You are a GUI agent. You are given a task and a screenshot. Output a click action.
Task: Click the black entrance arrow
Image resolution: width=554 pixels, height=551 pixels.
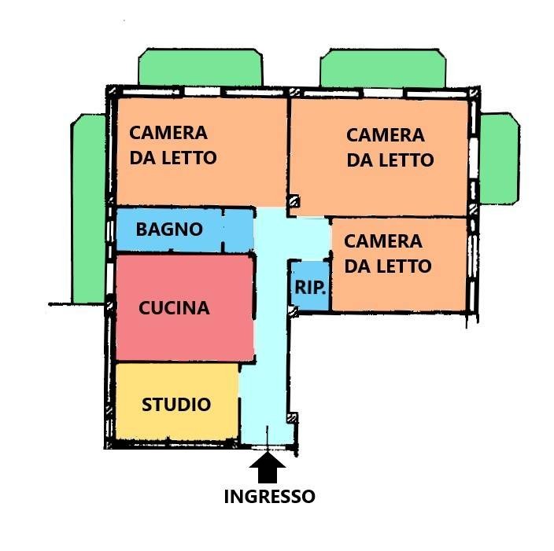[x=268, y=468]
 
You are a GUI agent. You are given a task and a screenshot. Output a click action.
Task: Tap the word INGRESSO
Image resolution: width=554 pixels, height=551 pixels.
[x=269, y=496]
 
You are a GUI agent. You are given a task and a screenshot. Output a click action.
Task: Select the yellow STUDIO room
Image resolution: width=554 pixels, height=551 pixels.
[x=177, y=402]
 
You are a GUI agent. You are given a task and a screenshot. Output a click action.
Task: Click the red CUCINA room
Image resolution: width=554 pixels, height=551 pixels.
[x=185, y=308]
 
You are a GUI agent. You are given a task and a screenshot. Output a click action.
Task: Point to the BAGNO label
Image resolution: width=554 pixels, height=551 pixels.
[x=169, y=229]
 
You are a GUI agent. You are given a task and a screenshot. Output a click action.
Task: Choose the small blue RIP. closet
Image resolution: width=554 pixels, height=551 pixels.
[x=310, y=286]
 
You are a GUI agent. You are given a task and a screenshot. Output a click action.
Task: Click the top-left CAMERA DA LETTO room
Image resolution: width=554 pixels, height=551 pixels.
[x=201, y=152]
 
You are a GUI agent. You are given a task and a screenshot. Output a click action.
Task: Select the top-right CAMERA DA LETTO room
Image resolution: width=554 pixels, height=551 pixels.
[x=379, y=157]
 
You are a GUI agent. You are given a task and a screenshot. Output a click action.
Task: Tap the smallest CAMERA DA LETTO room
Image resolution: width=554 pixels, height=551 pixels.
[x=399, y=265]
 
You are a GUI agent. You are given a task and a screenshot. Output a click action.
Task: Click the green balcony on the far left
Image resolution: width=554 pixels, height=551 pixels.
[x=89, y=208]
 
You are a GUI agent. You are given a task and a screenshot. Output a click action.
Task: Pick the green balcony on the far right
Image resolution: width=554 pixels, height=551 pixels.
[x=500, y=158]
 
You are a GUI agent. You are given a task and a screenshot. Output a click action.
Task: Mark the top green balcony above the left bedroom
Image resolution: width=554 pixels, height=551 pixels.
[x=201, y=67]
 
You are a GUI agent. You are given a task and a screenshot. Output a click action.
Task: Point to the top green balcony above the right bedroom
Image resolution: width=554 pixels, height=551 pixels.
[x=383, y=68]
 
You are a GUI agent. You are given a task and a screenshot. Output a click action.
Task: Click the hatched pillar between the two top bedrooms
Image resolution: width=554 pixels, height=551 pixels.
[x=294, y=202]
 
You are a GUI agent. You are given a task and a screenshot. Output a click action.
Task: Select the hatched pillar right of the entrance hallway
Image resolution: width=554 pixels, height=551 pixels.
[x=292, y=418]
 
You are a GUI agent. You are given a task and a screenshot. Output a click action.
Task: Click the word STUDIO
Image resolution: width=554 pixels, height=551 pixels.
[x=176, y=404]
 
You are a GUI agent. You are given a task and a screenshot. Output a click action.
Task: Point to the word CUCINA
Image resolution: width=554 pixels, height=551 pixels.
[x=174, y=308]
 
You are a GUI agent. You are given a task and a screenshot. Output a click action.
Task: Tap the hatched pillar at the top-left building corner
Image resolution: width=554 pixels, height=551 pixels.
[x=112, y=90]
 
